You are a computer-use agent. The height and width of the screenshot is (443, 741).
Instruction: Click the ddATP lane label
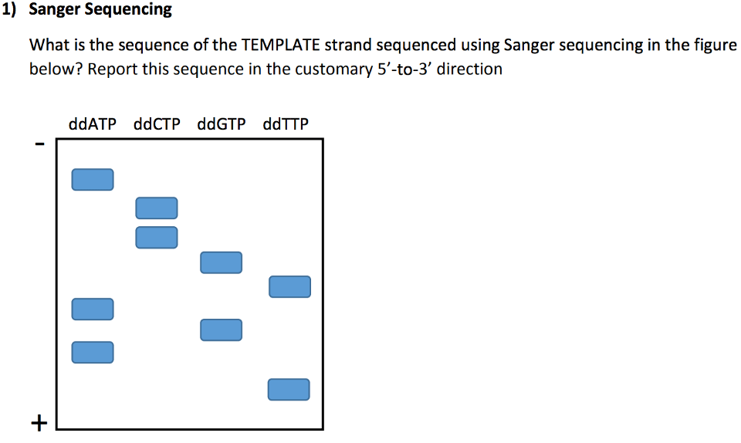click(93, 123)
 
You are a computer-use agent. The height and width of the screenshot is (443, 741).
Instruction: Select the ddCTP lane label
click(157, 123)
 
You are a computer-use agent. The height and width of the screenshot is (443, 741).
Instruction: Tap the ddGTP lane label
click(222, 123)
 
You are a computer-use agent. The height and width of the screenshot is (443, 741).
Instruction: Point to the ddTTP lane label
click(286, 123)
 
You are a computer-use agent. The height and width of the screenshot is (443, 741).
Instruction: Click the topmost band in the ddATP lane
click(93, 179)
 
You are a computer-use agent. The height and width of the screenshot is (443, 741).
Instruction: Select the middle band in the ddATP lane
click(93, 309)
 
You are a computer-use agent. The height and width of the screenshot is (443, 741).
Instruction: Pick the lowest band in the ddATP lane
click(93, 352)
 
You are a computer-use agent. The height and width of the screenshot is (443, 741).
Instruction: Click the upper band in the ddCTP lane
click(157, 208)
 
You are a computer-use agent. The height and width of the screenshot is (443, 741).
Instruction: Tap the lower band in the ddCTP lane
click(157, 237)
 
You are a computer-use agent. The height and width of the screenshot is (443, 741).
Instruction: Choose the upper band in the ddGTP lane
click(221, 262)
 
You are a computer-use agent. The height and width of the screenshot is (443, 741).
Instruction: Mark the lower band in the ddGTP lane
click(221, 330)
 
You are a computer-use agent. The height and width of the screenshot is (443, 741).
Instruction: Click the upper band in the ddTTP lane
click(289, 286)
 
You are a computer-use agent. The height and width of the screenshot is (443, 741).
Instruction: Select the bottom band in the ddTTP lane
click(289, 390)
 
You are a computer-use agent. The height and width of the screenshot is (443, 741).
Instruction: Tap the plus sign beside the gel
click(39, 422)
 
